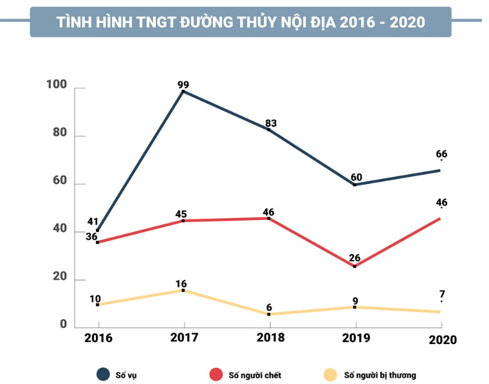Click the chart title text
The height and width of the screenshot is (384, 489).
click(x=240, y=22)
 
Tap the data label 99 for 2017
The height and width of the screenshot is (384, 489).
click(x=185, y=84)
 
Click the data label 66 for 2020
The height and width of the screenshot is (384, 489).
click(x=441, y=154)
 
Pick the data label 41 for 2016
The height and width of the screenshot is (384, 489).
click(x=93, y=222)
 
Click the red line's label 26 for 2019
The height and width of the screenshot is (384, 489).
click(x=355, y=259)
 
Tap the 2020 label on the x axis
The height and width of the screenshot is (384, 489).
click(x=441, y=340)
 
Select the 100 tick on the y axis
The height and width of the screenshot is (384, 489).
click(x=58, y=85)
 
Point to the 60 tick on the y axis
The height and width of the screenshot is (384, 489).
click(x=60, y=181)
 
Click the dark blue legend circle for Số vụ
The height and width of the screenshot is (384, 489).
click(x=103, y=374)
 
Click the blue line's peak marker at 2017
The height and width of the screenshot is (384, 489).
click(x=183, y=91)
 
